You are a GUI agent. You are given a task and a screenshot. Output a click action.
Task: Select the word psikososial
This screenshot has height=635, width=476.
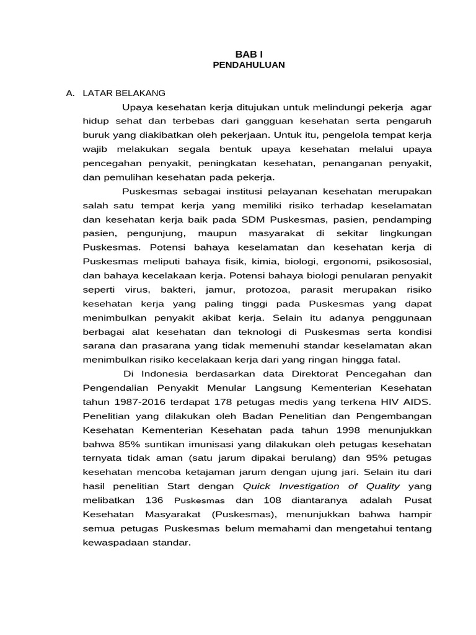point(404,261)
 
